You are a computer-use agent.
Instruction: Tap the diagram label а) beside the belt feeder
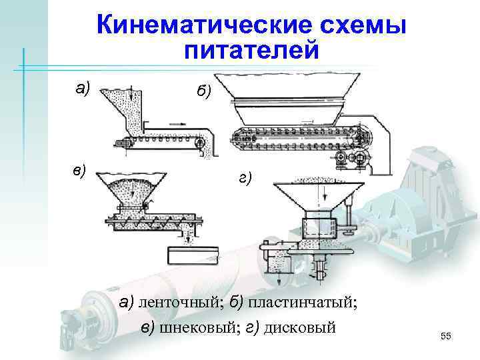(x=82, y=87)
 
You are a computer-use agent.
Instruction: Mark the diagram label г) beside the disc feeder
(x=244, y=178)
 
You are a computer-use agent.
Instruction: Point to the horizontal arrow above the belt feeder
(x=177, y=123)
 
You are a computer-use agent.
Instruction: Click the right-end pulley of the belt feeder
(x=199, y=141)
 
